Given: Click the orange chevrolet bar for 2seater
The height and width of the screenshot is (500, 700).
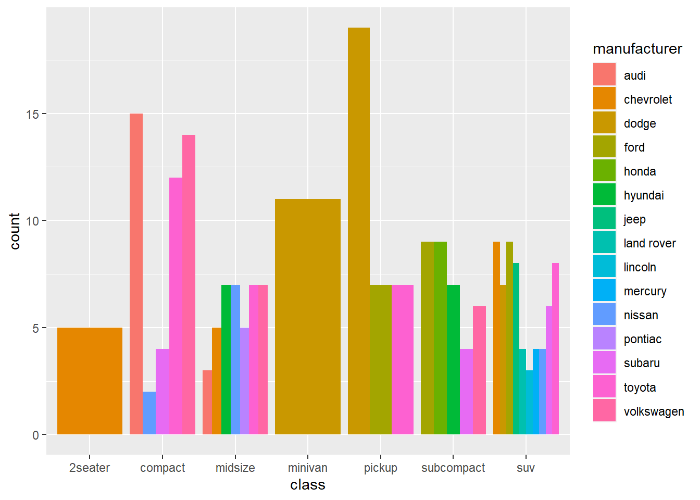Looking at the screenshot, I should tap(90, 381).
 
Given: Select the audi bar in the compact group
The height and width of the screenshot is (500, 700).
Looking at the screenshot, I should tap(136, 274).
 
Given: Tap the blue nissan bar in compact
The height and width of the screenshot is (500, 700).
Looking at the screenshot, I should tap(149, 413).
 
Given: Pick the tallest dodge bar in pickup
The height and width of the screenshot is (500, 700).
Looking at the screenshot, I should tap(359, 231).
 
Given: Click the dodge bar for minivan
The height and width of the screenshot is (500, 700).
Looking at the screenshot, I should tap(307, 317).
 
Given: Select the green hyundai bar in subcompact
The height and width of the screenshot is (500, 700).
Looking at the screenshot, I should tap(453, 359).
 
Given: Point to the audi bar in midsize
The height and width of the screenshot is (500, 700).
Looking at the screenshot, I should tap(207, 402).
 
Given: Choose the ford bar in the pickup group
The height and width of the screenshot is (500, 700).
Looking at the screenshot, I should tap(381, 359).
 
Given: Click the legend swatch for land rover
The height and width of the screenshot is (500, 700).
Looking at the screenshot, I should tap(604, 243).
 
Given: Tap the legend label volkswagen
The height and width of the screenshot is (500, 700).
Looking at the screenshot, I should tap(654, 411).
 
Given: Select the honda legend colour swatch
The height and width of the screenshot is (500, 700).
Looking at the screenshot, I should tap(604, 171).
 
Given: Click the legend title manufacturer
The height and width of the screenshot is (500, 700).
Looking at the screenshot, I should tap(637, 49).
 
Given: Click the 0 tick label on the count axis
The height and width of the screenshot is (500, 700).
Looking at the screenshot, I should tap(35, 435).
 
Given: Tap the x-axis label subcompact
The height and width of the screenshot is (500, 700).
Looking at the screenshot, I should tap(453, 468).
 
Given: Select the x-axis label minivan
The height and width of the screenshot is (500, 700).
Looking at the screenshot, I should tap(307, 468).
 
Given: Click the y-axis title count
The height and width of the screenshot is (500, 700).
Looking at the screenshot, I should tap(15, 231).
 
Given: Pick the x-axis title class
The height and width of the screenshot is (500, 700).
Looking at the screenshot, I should tap(307, 485).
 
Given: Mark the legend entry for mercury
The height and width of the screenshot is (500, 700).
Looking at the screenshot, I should tap(645, 291).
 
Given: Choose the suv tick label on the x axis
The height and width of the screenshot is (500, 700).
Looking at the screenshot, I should tap(526, 468).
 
